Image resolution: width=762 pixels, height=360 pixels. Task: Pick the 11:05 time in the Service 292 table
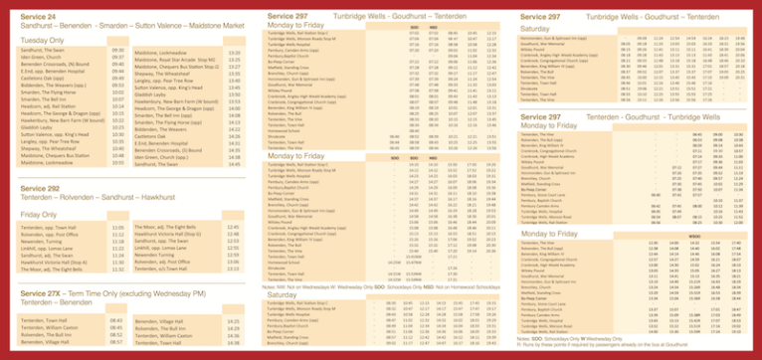coord(118,229)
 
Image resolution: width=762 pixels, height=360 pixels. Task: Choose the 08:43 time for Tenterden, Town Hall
coord(118,320)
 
